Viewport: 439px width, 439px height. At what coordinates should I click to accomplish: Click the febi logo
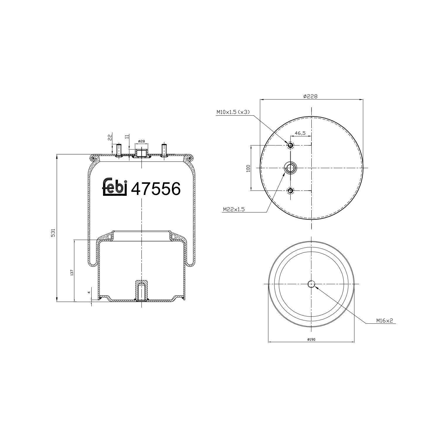pyautogui.click(x=114, y=186)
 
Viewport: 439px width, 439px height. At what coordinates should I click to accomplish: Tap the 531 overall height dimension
pyautogui.click(x=53, y=233)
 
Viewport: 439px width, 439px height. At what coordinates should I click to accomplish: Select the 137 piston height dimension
pyautogui.click(x=71, y=272)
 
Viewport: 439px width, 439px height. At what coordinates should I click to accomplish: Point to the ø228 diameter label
pyautogui.click(x=311, y=96)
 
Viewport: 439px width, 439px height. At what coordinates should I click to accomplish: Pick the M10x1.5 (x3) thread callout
pyautogui.click(x=233, y=112)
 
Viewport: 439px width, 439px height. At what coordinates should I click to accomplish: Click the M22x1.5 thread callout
pyautogui.click(x=234, y=209)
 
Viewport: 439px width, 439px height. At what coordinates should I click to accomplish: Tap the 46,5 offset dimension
pyautogui.click(x=300, y=133)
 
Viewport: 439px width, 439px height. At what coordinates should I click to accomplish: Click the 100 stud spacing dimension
pyautogui.click(x=248, y=168)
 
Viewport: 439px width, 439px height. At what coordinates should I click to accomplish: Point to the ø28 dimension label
pyautogui.click(x=141, y=141)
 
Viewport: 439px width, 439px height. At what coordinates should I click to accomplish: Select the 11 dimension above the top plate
pyautogui.click(x=126, y=137)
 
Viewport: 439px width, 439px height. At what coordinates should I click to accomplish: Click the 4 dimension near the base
pyautogui.click(x=89, y=292)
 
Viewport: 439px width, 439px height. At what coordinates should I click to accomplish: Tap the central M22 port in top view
pyautogui.click(x=290, y=168)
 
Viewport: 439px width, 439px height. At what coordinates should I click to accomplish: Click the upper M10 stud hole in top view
pyautogui.click(x=290, y=145)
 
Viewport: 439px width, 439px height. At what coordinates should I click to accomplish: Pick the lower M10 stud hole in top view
pyautogui.click(x=290, y=191)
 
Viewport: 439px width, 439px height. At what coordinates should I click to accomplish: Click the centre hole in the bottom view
pyautogui.click(x=311, y=284)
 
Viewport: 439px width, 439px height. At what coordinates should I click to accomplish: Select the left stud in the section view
pyautogui.click(x=119, y=150)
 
